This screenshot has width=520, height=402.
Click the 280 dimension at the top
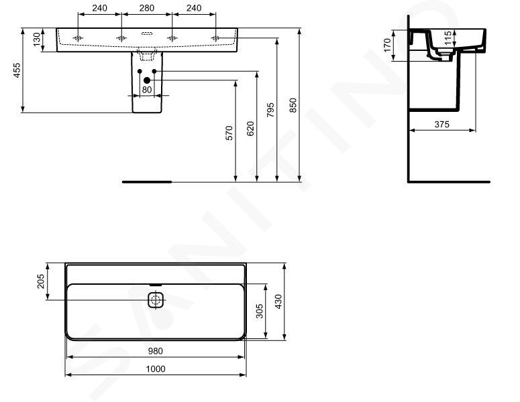pyautogui.click(x=146, y=7)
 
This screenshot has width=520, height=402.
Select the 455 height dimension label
pyautogui.click(x=16, y=70)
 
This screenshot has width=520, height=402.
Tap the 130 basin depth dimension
pyautogui.click(x=37, y=39)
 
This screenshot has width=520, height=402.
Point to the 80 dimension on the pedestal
pyautogui.click(x=146, y=89)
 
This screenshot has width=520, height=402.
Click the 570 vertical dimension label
pyautogui.click(x=229, y=133)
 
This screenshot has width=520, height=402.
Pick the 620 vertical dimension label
pyautogui.click(x=250, y=129)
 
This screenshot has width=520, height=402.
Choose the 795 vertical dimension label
pyautogui.click(x=270, y=110)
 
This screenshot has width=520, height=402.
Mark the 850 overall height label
pyautogui.click(x=293, y=105)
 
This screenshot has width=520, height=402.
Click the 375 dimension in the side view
pyautogui.click(x=442, y=124)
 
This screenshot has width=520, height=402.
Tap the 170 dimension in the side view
pyautogui.click(x=387, y=46)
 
